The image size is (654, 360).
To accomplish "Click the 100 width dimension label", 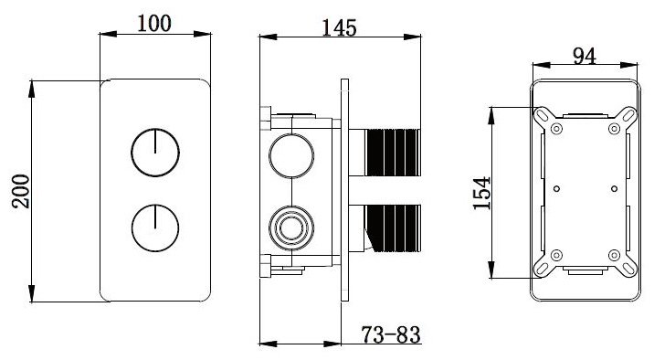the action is click(154, 23).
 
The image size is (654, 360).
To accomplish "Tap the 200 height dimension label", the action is click(21, 191).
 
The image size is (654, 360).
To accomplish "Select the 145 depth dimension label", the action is click(340, 27).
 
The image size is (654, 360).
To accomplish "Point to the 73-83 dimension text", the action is click(391, 334).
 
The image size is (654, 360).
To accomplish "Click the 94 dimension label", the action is click(585, 56).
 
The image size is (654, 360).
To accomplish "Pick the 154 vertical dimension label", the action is click(482, 193).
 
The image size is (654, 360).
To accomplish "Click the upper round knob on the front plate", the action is click(155, 153).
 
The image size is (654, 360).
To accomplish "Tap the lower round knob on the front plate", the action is click(155, 228).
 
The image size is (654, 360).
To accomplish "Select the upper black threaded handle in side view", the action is click(394, 153).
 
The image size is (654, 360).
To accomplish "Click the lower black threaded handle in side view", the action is click(394, 228).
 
